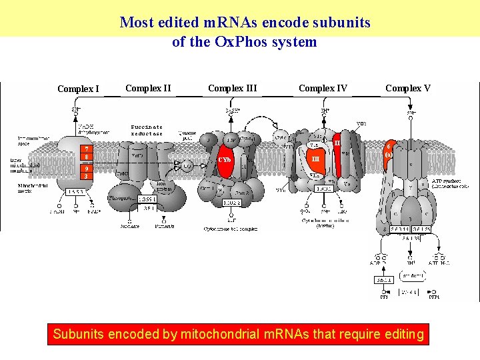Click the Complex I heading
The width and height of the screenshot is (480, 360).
tap(78, 89)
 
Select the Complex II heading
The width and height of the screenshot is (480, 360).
tap(148, 88)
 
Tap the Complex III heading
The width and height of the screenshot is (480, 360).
tap(232, 88)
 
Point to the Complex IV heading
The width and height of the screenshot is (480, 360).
tap(323, 88)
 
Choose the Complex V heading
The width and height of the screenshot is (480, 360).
tap(408, 88)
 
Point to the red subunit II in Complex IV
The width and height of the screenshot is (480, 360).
tap(337, 143)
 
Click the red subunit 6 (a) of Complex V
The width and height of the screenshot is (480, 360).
tap(388, 151)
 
